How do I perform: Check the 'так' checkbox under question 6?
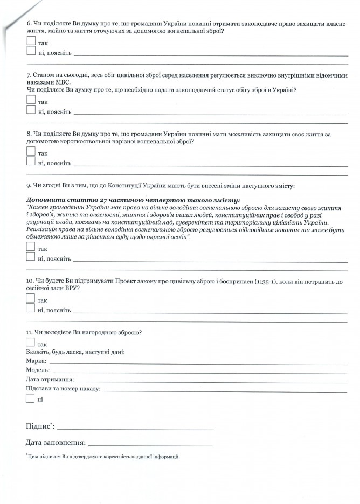(x=30, y=41)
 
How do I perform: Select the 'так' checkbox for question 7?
(x=30, y=101)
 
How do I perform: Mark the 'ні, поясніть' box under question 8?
(x=30, y=161)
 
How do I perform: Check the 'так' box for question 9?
(x=30, y=247)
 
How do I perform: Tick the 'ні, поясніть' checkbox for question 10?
(x=30, y=309)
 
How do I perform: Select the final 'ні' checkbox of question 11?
(x=30, y=399)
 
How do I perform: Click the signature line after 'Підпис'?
(x=135, y=429)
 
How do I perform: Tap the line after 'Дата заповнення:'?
(x=151, y=445)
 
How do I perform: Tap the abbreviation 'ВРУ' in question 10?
(x=73, y=289)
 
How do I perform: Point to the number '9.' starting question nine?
(x=29, y=186)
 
